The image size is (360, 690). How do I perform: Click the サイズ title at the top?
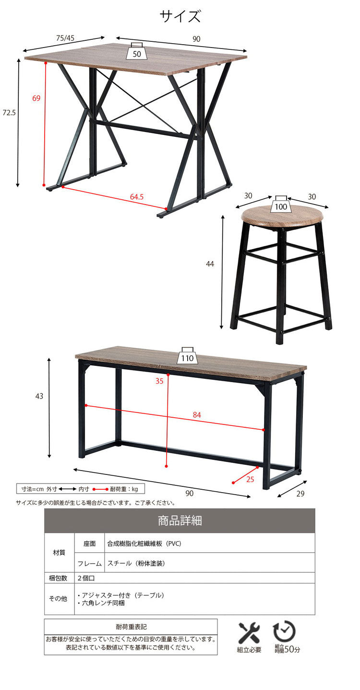coord(180,16)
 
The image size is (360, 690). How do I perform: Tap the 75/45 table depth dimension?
coord(65,38)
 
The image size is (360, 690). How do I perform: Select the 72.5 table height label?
coord(9,113)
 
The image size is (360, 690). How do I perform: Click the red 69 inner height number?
coord(36,98)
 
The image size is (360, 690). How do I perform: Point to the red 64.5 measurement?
coord(137,197)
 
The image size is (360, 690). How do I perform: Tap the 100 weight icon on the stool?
coord(281,204)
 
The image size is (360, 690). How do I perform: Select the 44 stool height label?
coord(210,264)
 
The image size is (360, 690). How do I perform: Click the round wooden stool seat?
coord(282,216)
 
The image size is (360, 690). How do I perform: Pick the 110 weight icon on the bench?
coord(187,355)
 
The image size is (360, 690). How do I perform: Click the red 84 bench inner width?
coord(197,415)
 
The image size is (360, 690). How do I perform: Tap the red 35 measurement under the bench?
coord(159,381)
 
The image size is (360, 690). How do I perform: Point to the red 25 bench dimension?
coord(250,479)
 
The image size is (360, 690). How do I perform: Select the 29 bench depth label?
coord(300,494)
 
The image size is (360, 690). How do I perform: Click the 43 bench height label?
coord(39,397)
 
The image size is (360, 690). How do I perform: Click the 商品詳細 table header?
coord(180,521)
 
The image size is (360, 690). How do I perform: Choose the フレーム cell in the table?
coord(89,563)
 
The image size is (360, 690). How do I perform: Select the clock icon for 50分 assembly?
coord(284,632)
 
